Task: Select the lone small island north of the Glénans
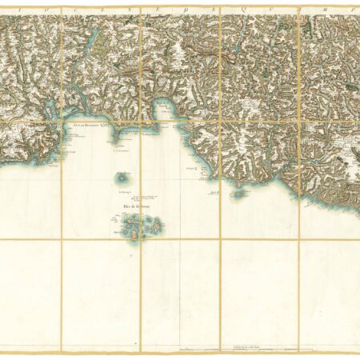(x=122, y=177)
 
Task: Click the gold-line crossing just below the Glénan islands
(x=141, y=240)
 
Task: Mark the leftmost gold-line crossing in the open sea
(x=61, y=240)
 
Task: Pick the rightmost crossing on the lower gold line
(x=299, y=240)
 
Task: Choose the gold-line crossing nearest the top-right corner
(x=299, y=121)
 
